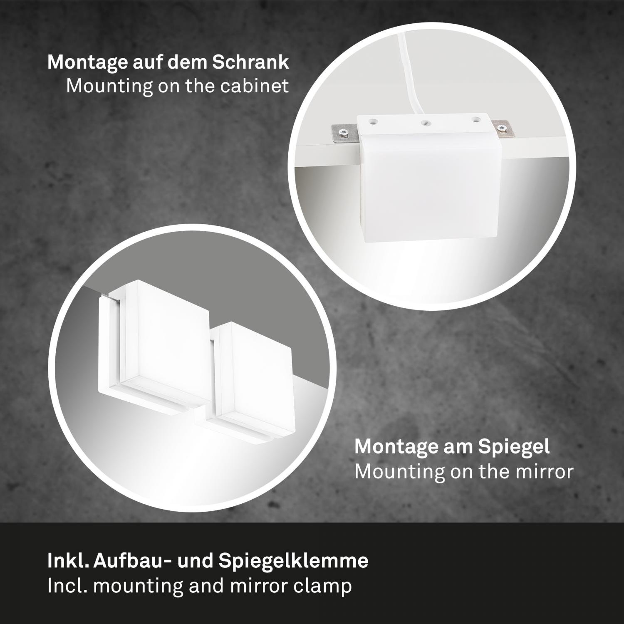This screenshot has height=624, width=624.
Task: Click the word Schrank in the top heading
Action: [250, 62]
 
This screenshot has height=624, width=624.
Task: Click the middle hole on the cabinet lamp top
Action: [424, 123]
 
